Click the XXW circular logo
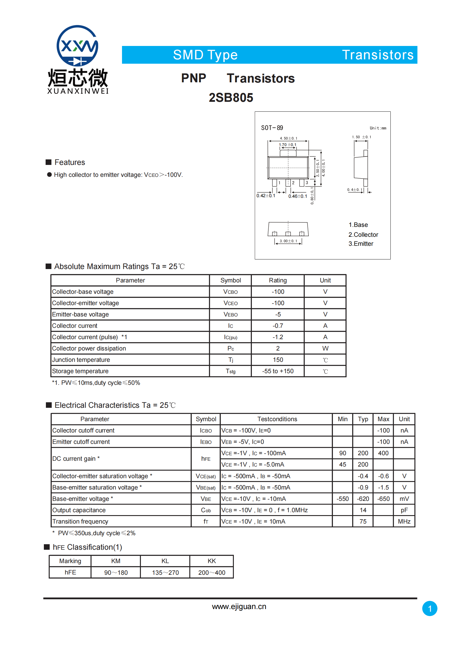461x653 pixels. click(x=77, y=46)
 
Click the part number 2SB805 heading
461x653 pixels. click(x=231, y=98)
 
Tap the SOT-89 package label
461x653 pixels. click(x=272, y=128)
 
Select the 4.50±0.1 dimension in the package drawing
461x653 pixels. click(x=288, y=138)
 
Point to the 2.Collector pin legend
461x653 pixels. click(x=363, y=234)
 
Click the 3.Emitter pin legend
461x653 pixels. click(x=361, y=244)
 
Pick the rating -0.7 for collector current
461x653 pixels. click(x=278, y=326)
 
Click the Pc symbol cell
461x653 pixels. click(x=231, y=348)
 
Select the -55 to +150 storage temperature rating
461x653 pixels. click(x=278, y=371)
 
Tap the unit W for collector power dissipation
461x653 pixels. click(x=325, y=348)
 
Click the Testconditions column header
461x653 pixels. click(x=277, y=419)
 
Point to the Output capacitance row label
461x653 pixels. click(x=79, y=510)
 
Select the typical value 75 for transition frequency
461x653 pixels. click(x=363, y=522)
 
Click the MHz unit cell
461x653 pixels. click(x=404, y=522)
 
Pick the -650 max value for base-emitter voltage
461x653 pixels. click(x=383, y=499)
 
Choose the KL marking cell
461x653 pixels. click(x=165, y=561)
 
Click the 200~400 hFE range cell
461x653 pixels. click(x=212, y=573)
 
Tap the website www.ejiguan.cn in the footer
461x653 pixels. click(x=239, y=606)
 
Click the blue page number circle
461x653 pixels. click(x=430, y=608)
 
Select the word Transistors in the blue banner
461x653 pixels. click(x=378, y=55)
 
